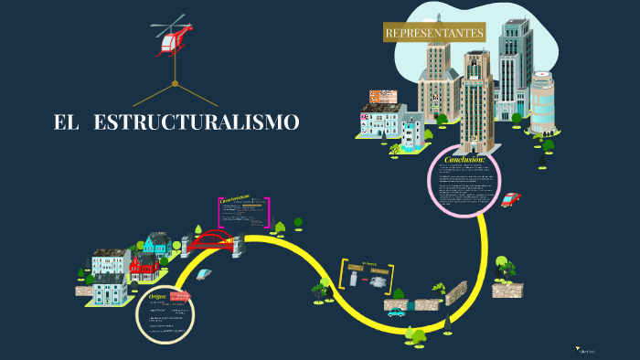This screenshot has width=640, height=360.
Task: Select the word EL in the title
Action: [66, 122]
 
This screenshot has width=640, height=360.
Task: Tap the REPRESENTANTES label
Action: [434, 33]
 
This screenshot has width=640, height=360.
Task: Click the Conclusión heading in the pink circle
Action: [464, 160]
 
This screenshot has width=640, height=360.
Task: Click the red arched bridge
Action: [211, 241]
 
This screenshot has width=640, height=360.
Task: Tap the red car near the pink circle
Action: [510, 199]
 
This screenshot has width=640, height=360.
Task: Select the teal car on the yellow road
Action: [396, 312]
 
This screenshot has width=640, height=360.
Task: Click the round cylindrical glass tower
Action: [542, 101]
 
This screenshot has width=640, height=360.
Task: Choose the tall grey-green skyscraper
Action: [515, 69]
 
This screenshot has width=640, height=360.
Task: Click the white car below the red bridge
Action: [204, 273]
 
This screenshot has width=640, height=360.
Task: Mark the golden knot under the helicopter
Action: [174, 84]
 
